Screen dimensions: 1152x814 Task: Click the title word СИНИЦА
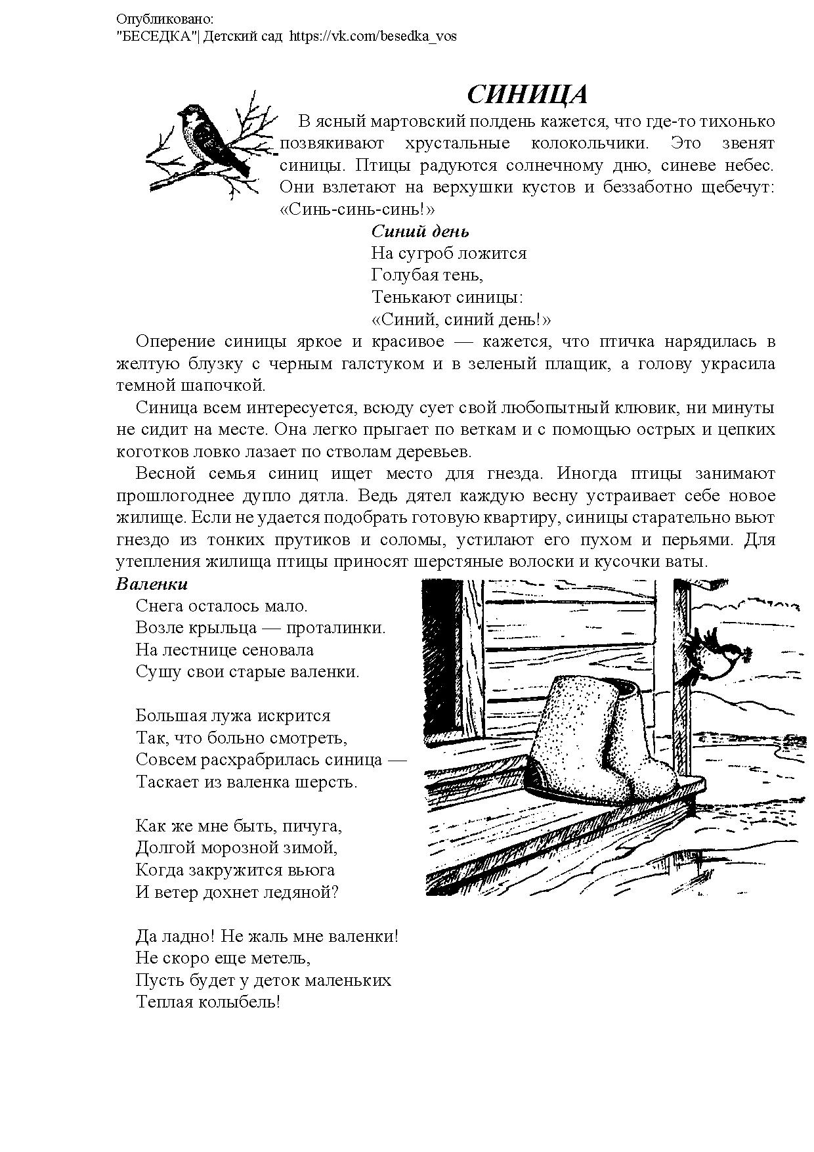pyautogui.click(x=526, y=96)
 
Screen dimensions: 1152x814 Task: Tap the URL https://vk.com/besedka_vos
pyautogui.click(x=372, y=36)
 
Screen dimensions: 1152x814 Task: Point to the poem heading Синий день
pyautogui.click(x=420, y=231)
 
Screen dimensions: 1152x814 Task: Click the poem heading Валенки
pyautogui.click(x=152, y=584)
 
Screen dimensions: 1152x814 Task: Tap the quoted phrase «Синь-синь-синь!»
pyautogui.click(x=358, y=210)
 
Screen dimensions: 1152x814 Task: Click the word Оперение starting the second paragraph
pyautogui.click(x=176, y=342)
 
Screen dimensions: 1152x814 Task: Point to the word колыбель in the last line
pyautogui.click(x=246, y=1002)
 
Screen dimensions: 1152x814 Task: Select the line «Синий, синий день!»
pyautogui.click(x=461, y=320)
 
